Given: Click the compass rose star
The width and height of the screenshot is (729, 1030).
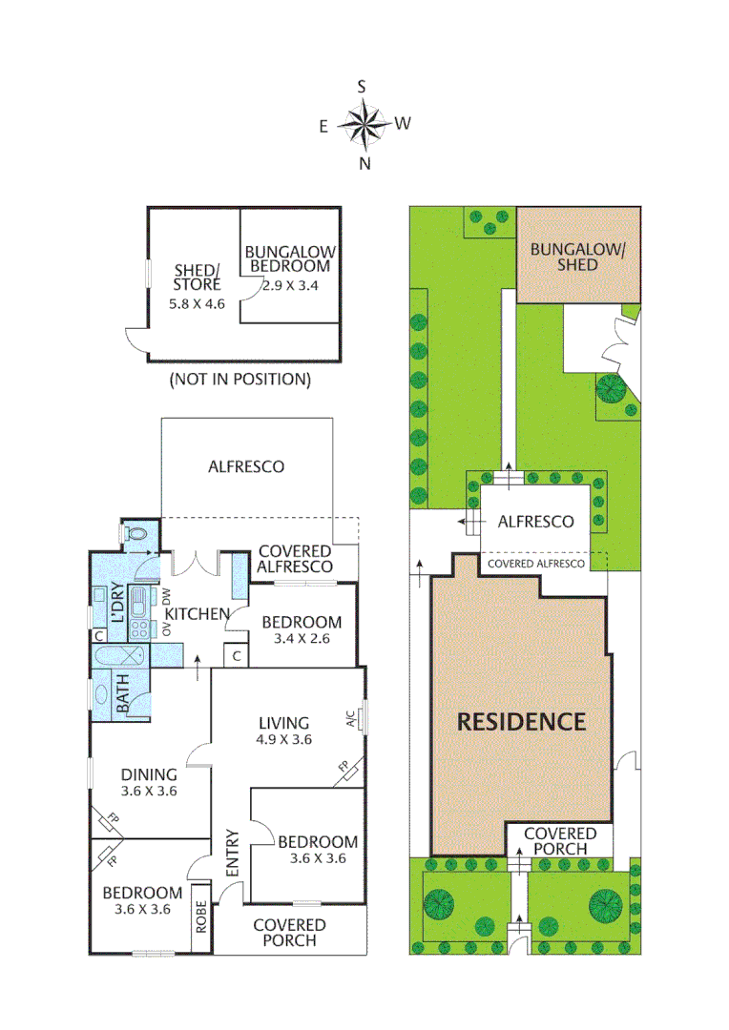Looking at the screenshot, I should pos(363,124).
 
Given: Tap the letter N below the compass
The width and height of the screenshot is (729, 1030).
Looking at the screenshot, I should pos(364,163).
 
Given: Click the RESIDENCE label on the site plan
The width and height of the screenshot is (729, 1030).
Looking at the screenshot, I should pos(521,722).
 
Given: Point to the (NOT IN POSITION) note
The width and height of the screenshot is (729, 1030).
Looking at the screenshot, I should pos(240,380).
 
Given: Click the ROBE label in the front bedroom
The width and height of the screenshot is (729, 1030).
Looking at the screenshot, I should pos(200,917).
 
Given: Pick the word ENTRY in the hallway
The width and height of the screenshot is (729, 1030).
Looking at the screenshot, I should pos(231,852).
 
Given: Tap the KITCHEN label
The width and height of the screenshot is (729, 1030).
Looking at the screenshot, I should pos(198,613).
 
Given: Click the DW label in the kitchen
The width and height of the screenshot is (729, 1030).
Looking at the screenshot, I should pos(165,596).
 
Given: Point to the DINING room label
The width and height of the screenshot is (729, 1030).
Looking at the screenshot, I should pos(150,774).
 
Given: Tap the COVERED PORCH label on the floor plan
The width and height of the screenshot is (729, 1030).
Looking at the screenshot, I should pos(289,932).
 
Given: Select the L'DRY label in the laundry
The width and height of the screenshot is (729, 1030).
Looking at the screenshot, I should pos(119,604).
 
